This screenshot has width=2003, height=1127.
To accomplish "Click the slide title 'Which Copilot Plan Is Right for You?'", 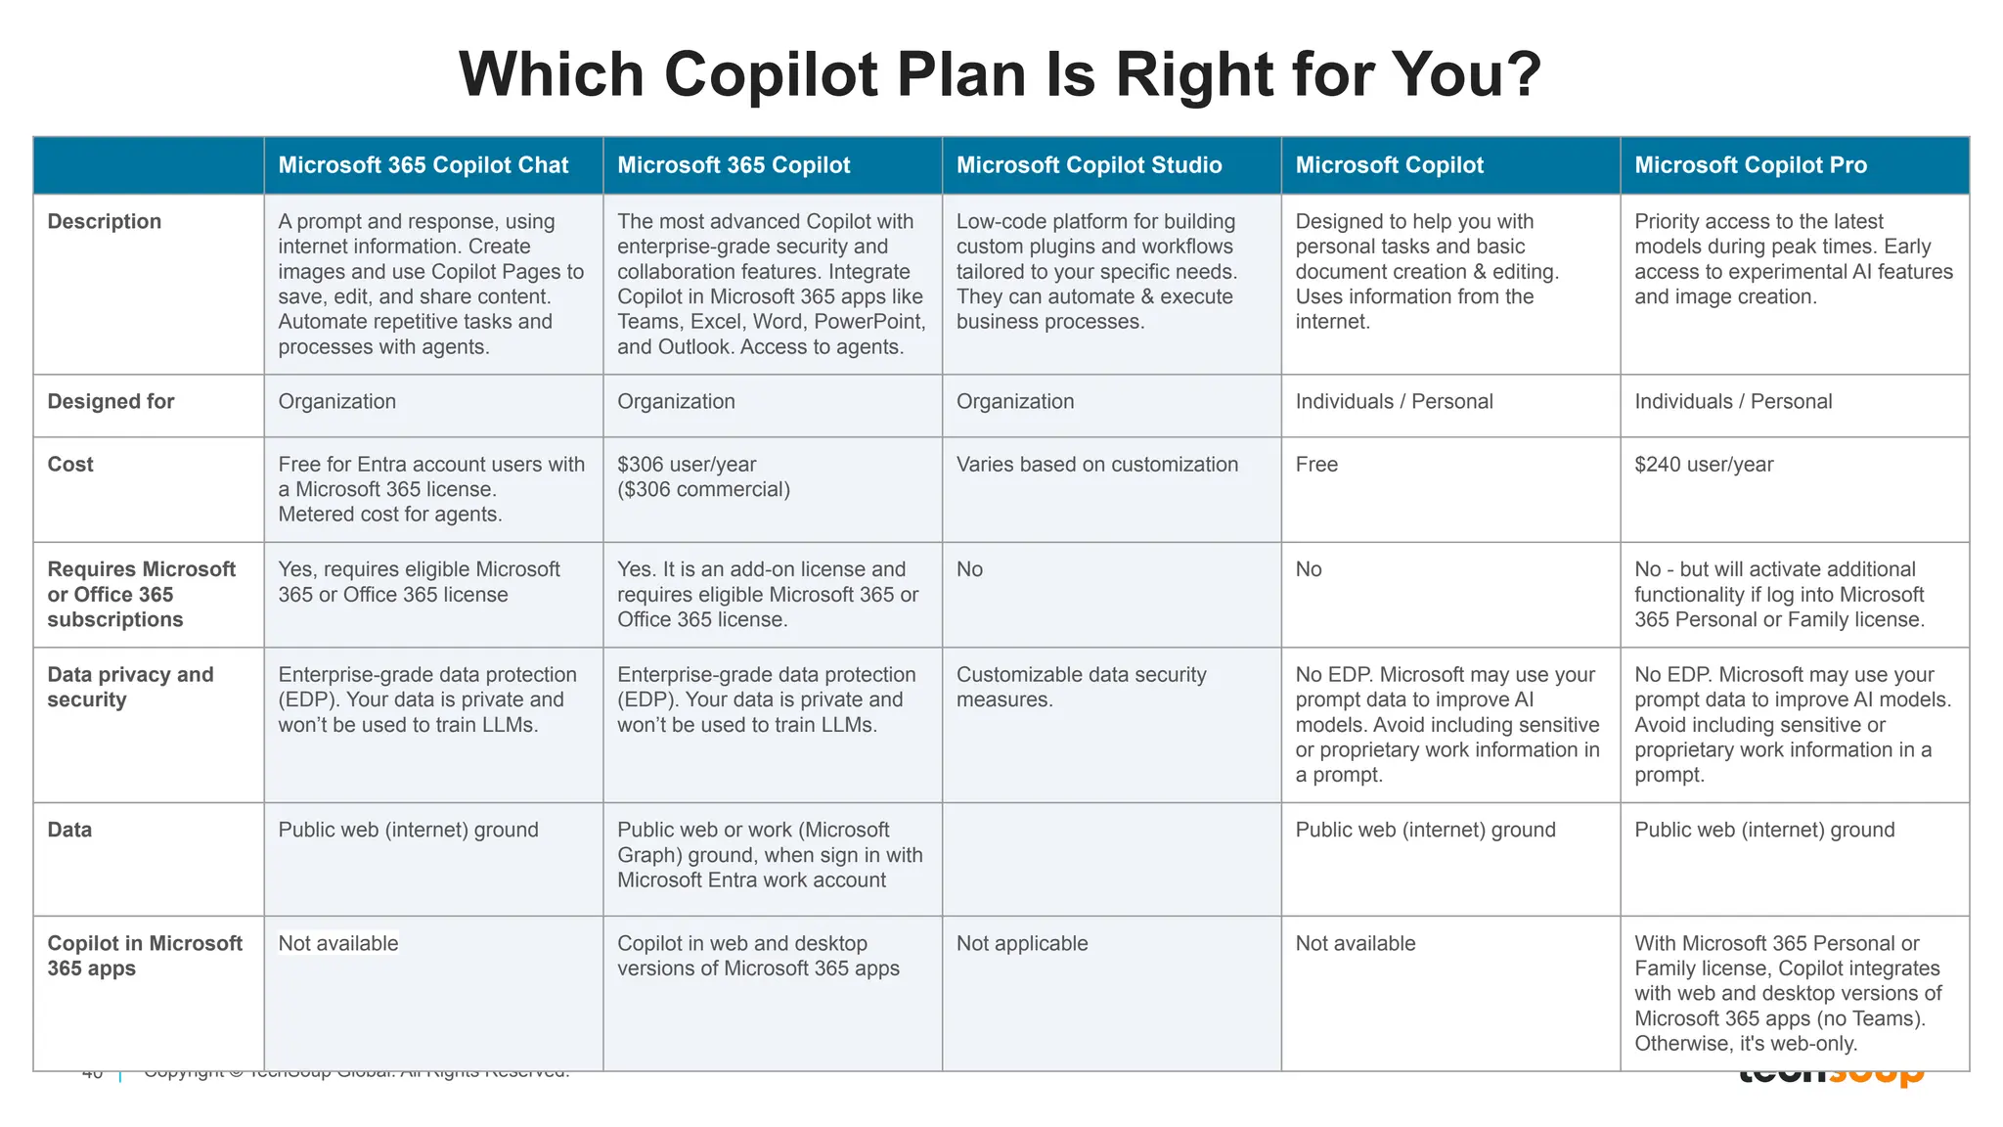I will point(1000,74).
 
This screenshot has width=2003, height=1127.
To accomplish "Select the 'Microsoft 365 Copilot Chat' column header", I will point(423,165).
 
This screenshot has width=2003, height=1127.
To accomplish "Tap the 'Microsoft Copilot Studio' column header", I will point(1089,165).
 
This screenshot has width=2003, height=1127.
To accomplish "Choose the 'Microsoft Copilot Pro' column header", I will point(1750,165).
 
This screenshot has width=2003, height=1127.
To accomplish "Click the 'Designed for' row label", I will point(111,402).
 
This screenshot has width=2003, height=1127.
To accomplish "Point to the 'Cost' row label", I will point(70,465).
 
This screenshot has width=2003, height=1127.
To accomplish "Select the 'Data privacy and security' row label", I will point(130,687).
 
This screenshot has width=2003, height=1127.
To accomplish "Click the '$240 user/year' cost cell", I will point(1703,465).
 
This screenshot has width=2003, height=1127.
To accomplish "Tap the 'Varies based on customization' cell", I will point(1096,465).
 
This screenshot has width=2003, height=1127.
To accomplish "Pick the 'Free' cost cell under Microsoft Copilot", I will point(1316,465).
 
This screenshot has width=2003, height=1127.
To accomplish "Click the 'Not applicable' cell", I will point(1021,944).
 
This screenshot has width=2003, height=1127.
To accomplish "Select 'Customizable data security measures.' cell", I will point(1081,687).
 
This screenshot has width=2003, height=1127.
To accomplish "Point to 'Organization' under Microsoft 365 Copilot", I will point(676,402).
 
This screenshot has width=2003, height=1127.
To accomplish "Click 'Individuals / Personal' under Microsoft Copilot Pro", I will point(1733,402).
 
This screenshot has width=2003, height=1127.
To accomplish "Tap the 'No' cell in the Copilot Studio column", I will point(969,569).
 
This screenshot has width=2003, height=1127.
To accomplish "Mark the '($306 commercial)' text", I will point(703,490).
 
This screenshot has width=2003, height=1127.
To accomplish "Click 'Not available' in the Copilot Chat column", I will point(338,944).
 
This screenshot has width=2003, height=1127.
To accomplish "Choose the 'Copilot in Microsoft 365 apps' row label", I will point(145,956).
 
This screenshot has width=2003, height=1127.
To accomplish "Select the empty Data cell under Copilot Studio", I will point(1111,859).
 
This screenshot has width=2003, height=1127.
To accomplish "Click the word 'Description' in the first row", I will point(105,222).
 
